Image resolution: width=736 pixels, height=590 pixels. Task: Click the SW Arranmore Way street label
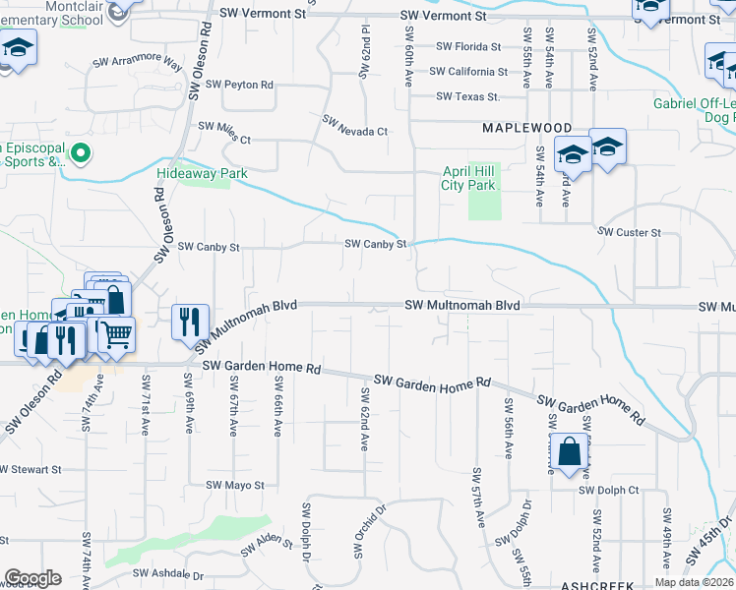tap(138, 63)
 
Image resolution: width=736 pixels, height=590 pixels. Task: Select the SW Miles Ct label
tap(225, 126)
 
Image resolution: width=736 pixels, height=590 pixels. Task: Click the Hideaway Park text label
tap(201, 174)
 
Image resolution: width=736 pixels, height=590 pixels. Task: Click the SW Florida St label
tap(468, 47)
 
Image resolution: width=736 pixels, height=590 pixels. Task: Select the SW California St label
tap(471, 72)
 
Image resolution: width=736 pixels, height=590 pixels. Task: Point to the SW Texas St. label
tap(467, 96)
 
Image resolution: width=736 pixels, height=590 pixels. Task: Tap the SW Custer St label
tap(630, 232)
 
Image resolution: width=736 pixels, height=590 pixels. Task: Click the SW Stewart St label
tap(31, 470)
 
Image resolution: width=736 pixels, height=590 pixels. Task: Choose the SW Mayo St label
tap(235, 485)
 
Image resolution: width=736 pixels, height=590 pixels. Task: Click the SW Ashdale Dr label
tap(168, 574)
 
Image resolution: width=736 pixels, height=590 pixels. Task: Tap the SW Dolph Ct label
tap(609, 490)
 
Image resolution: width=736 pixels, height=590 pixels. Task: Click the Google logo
tap(32, 577)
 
